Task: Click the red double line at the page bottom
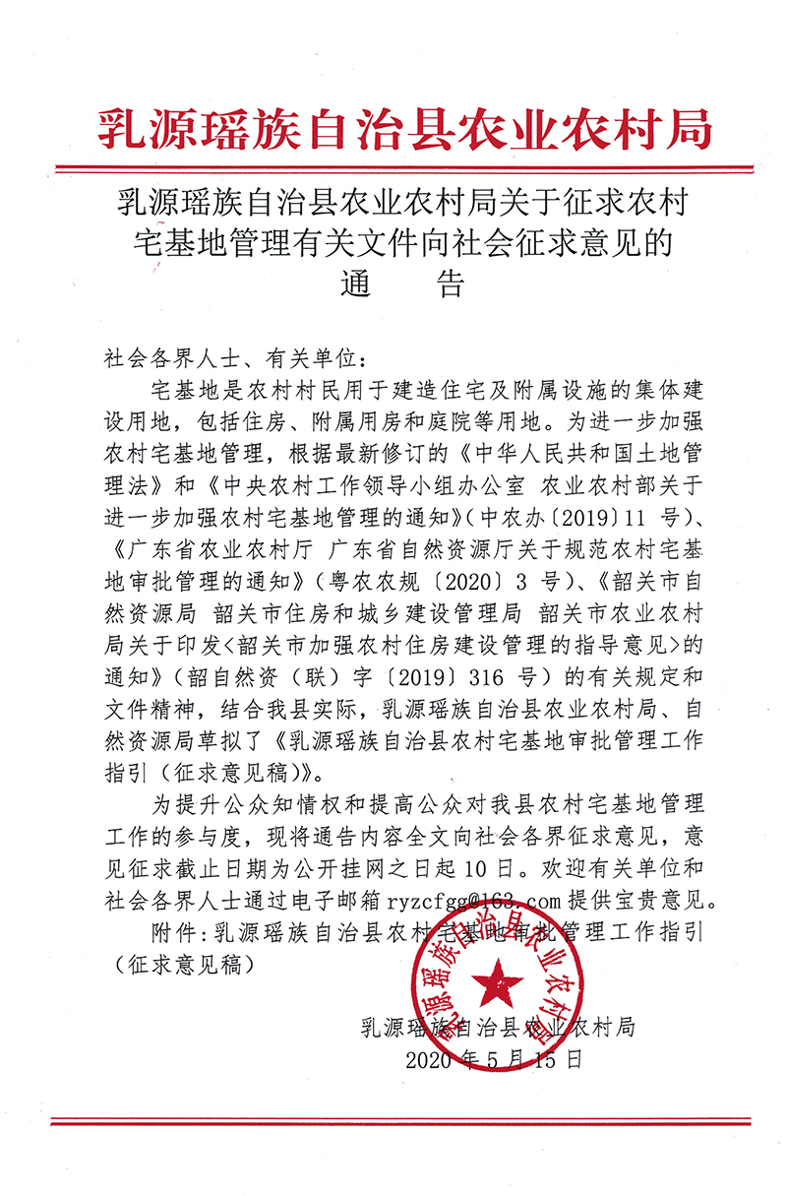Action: tap(393, 1121)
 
